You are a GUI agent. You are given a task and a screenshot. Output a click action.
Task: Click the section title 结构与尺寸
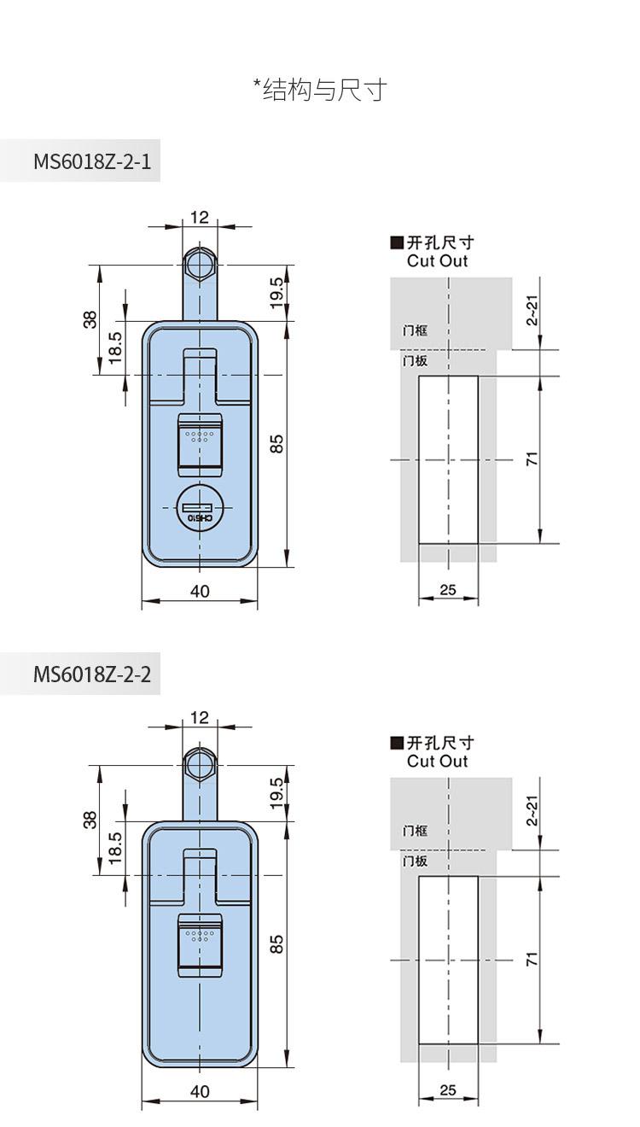pyautogui.click(x=325, y=91)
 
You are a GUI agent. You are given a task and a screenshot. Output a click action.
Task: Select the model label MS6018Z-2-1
pyautogui.click(x=92, y=161)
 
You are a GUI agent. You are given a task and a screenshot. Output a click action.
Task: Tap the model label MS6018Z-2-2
pyautogui.click(x=92, y=674)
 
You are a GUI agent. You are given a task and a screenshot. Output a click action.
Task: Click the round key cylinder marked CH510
pyautogui.click(x=200, y=508)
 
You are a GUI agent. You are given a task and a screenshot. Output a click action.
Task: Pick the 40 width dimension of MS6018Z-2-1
pyautogui.click(x=200, y=591)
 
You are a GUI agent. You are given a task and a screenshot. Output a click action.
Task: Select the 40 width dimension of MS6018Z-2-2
pyautogui.click(x=200, y=1091)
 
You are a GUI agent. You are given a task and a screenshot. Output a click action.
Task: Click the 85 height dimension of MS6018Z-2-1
pyautogui.click(x=276, y=444)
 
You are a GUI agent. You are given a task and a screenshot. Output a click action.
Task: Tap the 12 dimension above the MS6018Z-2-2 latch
pyautogui.click(x=200, y=717)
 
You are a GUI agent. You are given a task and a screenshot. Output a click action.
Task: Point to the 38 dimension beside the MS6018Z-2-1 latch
pyautogui.click(x=90, y=320)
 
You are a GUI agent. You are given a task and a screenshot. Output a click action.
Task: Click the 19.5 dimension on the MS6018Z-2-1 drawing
pyautogui.click(x=276, y=293)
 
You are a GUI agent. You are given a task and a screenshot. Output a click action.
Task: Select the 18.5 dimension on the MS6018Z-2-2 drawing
pyautogui.click(x=114, y=848)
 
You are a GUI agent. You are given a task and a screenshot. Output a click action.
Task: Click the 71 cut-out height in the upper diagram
pyautogui.click(x=532, y=458)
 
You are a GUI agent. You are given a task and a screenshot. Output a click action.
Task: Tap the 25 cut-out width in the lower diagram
pyautogui.click(x=447, y=1089)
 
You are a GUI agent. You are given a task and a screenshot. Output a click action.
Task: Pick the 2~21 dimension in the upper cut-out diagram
pyautogui.click(x=532, y=311)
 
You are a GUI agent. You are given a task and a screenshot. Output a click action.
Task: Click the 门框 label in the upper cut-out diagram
pyautogui.click(x=415, y=330)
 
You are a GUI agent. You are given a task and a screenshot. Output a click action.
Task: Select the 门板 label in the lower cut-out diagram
pyautogui.click(x=415, y=861)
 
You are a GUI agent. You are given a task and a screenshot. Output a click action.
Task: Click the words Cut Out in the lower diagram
pyautogui.click(x=438, y=762)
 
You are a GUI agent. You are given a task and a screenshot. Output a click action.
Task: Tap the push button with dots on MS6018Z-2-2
pyautogui.click(x=200, y=944)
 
